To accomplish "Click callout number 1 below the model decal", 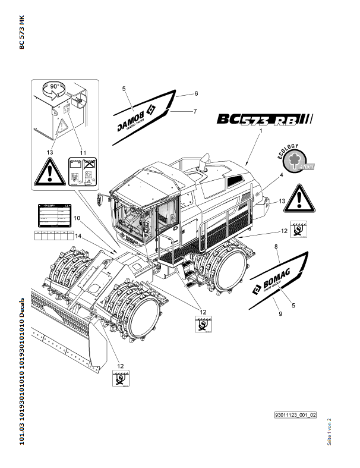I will point(261,130).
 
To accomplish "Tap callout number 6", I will point(195,93).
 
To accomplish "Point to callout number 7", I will point(195,111).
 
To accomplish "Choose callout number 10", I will point(77,219).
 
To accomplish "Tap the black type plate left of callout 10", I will point(51,216).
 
